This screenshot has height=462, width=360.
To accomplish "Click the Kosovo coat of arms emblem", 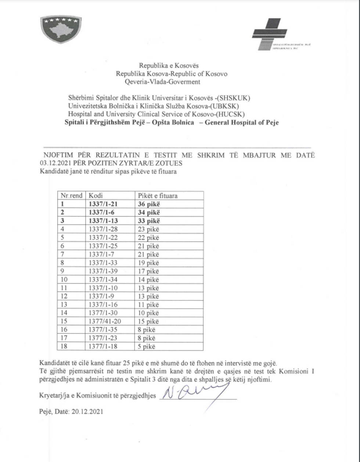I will (x=60, y=29).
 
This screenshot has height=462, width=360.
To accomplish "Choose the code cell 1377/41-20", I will (x=105, y=321).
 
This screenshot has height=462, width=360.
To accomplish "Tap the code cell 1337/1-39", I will (x=103, y=271).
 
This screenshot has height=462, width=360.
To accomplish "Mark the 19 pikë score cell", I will (x=149, y=263).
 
